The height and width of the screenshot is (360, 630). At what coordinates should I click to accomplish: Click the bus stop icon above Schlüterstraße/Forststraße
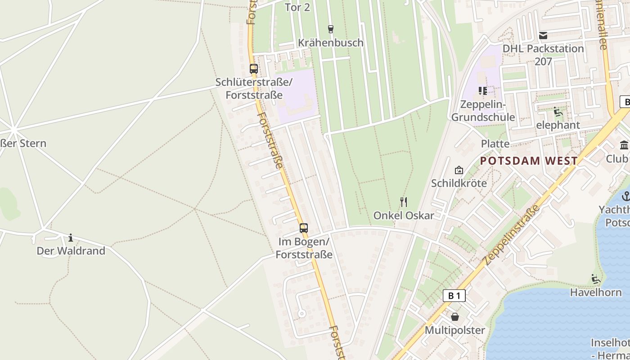click(x=254, y=69)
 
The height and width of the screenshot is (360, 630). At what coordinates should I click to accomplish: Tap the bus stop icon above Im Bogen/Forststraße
click(x=304, y=228)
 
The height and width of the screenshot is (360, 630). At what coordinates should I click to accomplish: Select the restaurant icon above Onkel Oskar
click(x=404, y=202)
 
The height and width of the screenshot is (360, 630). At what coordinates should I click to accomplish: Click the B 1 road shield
click(x=454, y=296)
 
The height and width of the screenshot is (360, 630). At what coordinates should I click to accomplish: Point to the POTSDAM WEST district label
click(x=529, y=161)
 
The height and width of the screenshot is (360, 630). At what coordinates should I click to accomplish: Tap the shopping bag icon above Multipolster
click(x=455, y=317)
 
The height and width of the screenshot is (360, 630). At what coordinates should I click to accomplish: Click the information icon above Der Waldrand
click(x=71, y=238)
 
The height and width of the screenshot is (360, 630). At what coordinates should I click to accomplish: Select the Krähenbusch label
click(x=331, y=43)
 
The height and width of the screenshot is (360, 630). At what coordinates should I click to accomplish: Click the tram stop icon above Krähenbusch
click(x=331, y=29)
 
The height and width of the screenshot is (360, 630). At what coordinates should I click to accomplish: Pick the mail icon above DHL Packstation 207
click(x=543, y=36)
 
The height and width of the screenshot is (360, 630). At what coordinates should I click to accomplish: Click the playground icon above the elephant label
click(x=558, y=112)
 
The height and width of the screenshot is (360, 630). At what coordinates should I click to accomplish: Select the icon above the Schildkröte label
click(x=459, y=170)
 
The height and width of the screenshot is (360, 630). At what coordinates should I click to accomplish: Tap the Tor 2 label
click(x=297, y=7)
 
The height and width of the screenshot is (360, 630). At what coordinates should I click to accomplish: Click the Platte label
click(x=495, y=144)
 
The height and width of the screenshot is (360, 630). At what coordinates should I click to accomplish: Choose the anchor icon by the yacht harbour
click(x=626, y=196)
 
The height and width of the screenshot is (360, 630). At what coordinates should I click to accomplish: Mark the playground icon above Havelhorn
click(x=596, y=279)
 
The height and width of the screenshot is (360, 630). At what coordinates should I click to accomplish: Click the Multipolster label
click(x=455, y=330)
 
